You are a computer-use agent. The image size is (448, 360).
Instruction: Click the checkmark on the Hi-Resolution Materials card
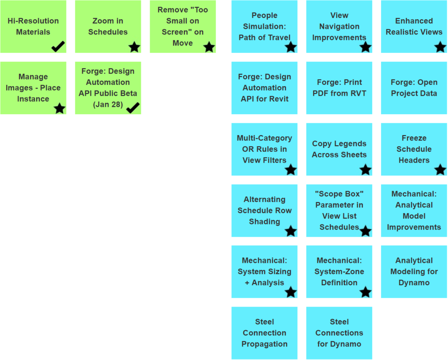[x=58, y=46]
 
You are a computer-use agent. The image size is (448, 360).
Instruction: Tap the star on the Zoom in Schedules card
[x=134, y=47]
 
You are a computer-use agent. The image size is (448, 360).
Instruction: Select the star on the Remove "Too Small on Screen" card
[x=209, y=47]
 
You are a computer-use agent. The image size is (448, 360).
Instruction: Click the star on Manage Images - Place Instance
[x=59, y=108]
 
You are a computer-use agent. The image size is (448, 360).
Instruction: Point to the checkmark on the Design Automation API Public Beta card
[x=133, y=108]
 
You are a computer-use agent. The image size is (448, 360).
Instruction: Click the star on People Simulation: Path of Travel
[x=291, y=47]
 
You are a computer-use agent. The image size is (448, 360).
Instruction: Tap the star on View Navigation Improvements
[x=366, y=47]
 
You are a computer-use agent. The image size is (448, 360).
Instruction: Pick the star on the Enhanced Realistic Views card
[x=441, y=47]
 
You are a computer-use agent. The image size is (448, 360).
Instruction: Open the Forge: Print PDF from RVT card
[x=339, y=88]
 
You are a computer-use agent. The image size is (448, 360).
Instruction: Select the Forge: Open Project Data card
[x=414, y=88]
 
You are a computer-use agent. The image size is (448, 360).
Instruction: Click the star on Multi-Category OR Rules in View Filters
[x=291, y=169]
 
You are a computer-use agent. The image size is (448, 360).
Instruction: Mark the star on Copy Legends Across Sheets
[x=366, y=169]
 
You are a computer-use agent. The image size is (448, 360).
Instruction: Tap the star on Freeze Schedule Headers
[x=441, y=169]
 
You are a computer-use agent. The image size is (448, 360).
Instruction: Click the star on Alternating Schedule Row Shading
[x=291, y=231]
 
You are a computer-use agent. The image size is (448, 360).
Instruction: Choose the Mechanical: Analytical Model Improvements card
[x=414, y=210]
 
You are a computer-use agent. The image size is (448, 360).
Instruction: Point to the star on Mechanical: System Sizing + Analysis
[x=291, y=292]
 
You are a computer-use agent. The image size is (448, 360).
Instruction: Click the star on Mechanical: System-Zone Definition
[x=366, y=292]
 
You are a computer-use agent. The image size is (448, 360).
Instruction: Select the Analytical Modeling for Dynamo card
[x=414, y=272]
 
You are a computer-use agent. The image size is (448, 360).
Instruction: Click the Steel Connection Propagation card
[x=264, y=333]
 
